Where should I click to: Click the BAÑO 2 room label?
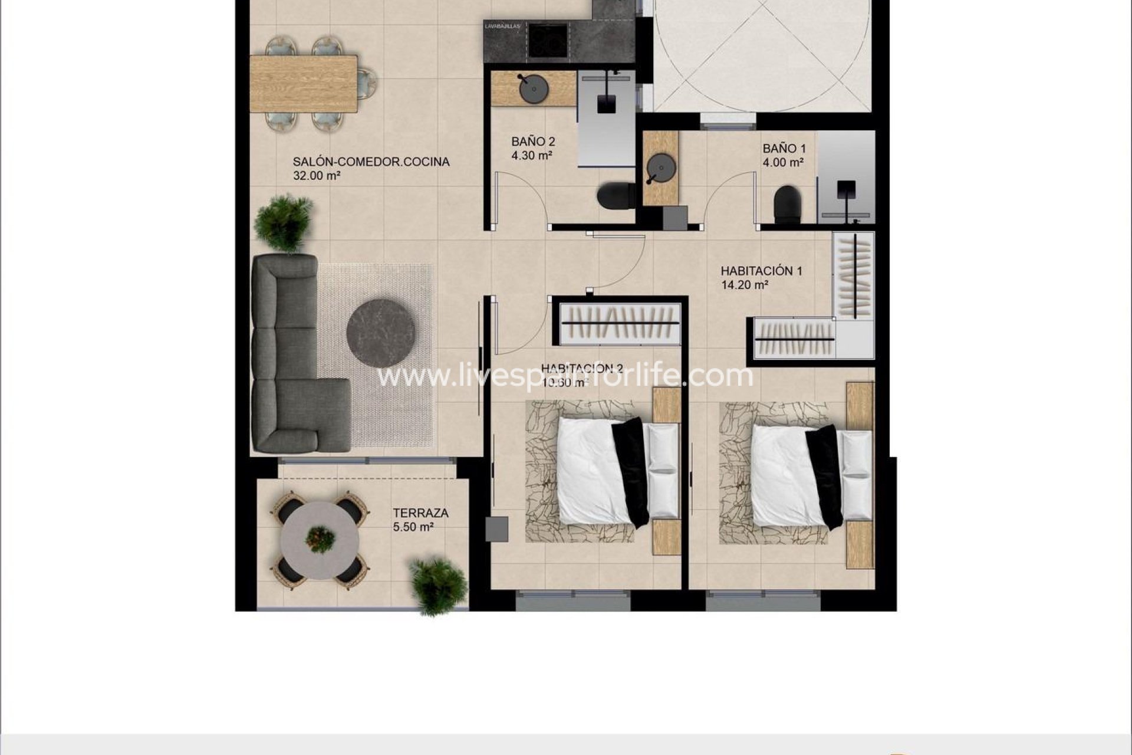coord(533,142)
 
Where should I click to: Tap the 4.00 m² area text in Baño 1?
coord(783,163)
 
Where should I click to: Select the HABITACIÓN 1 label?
coord(761,271)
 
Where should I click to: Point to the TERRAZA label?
coord(420,513)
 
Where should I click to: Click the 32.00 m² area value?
coord(317,176)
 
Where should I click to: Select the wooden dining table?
coord(304,83)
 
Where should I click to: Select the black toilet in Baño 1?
coord(787,203)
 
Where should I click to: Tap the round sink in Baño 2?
coord(533,89)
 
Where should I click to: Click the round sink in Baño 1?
coord(660,168)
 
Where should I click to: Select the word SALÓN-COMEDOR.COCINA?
coord(371,162)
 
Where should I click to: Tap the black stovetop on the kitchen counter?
coord(548,40)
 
